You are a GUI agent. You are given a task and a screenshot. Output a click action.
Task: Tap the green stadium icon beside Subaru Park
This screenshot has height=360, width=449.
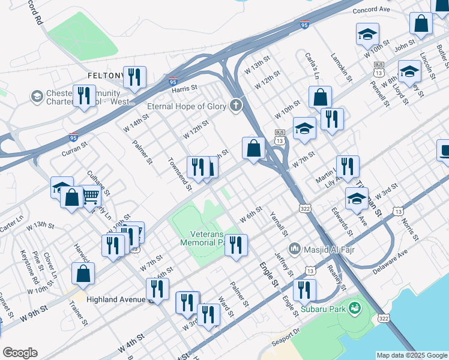[355, 308]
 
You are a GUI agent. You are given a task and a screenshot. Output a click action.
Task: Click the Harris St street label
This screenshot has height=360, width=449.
[184, 89]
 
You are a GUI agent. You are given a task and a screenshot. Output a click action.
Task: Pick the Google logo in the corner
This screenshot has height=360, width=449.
[20, 353]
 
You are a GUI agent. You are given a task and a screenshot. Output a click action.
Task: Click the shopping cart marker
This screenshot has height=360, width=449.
[91, 196]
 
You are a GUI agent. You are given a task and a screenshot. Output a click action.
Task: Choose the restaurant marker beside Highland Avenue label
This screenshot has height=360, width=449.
[157, 289]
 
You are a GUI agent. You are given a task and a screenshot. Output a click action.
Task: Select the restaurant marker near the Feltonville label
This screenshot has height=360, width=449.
[134, 77]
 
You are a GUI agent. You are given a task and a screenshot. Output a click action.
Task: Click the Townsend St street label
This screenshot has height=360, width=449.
[179, 175]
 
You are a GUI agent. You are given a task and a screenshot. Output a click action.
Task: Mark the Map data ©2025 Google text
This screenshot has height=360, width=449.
[412, 355]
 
